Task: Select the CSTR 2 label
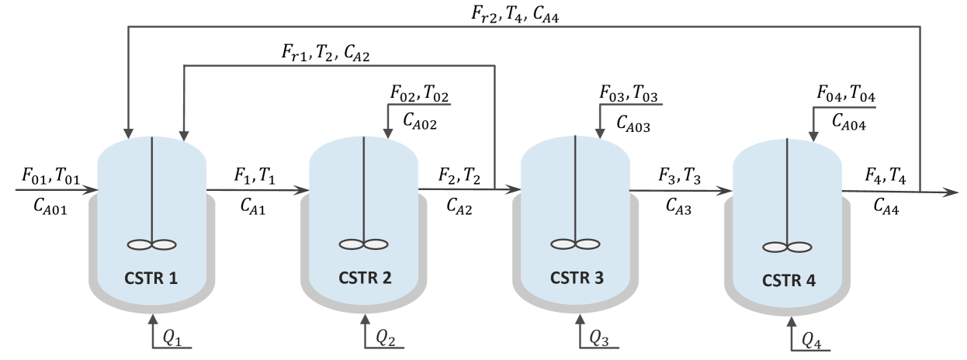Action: pos(365,277)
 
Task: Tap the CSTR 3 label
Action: pos(576,277)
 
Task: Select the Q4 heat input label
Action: pos(812,339)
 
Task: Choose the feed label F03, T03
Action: pos(629,93)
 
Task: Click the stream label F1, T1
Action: pos(255,176)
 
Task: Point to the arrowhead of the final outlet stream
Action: pos(951,191)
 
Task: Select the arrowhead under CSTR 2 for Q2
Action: pos(365,318)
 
